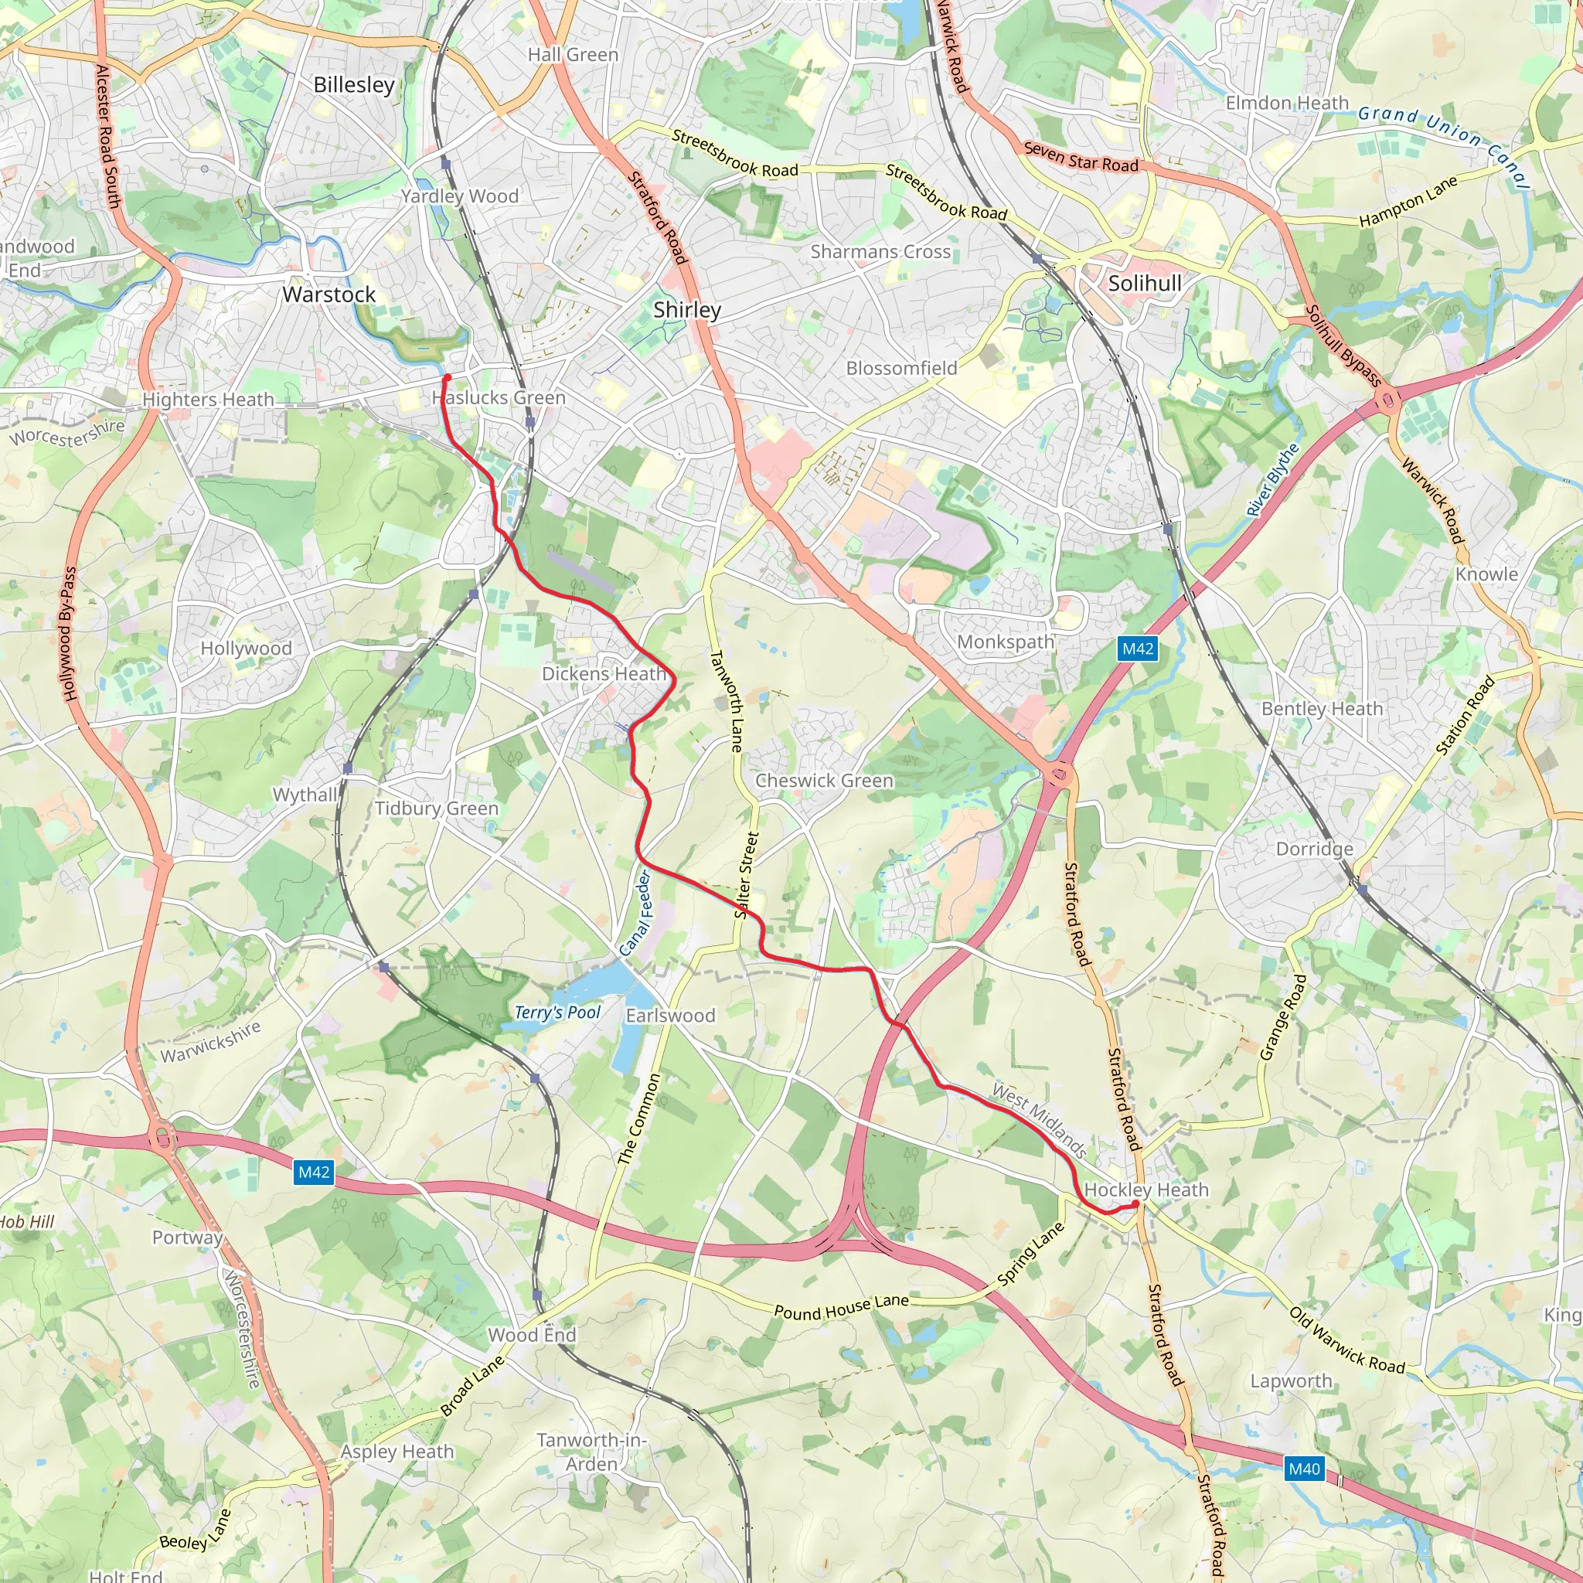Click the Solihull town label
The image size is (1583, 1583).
(x=1145, y=284)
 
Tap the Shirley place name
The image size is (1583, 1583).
(x=686, y=310)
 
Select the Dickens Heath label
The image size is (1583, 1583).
(x=604, y=673)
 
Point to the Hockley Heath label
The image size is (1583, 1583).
(x=1146, y=1190)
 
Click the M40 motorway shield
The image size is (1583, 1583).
(x=1304, y=1469)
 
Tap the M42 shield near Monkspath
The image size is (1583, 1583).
(x=1137, y=649)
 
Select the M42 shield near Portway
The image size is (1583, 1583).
(x=314, y=1172)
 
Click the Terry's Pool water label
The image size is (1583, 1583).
(x=557, y=1012)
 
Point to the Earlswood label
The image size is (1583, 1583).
(x=670, y=1015)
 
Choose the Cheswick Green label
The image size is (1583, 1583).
(x=823, y=780)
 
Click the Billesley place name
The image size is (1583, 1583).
(x=354, y=84)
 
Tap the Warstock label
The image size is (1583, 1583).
(x=329, y=294)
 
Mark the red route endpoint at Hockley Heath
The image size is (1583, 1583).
(x=1135, y=1203)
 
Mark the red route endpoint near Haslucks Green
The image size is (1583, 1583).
(x=447, y=378)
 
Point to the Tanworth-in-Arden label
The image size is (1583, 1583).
(x=591, y=1452)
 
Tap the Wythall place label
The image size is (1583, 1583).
(x=305, y=794)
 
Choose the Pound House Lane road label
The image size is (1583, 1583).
(x=842, y=1306)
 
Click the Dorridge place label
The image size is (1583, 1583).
(x=1314, y=849)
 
